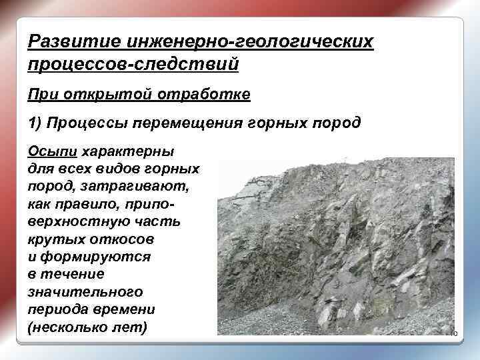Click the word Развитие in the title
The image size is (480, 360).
point(74,42)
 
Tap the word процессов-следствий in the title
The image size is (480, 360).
point(133,65)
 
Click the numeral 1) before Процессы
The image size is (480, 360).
point(36,123)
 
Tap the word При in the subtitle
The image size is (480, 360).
point(42,95)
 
